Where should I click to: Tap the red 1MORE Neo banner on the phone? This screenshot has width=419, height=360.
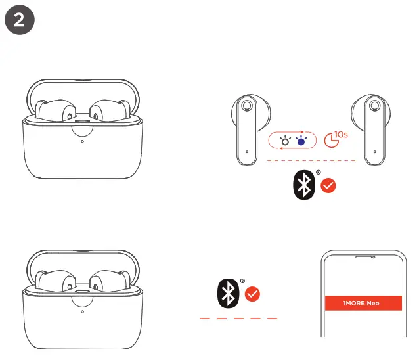click(x=363, y=303)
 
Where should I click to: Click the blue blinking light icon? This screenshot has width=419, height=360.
click(x=301, y=141)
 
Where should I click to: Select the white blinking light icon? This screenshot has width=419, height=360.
click(x=285, y=141)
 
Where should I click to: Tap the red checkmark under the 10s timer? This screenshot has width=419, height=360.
click(x=328, y=187)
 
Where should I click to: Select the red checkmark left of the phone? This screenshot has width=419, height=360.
click(x=253, y=294)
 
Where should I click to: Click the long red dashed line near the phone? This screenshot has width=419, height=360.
click(x=238, y=319)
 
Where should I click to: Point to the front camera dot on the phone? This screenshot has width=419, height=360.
click(x=373, y=257)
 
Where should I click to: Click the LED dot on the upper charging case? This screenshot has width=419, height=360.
click(x=82, y=139)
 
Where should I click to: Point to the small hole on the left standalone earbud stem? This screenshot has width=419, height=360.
click(x=246, y=151)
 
